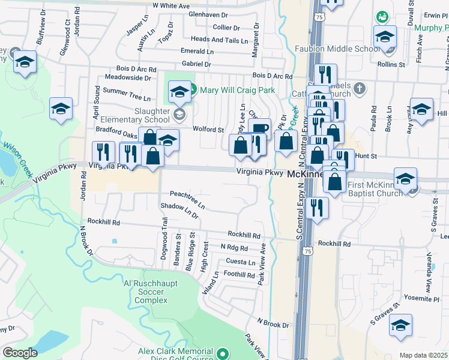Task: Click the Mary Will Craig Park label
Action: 237,90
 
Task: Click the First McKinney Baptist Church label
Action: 375,189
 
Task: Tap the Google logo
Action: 20,353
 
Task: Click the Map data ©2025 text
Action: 424,355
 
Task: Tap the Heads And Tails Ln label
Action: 219,40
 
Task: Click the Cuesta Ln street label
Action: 240,262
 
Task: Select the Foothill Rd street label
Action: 239,275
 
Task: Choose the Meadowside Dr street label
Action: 127,78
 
